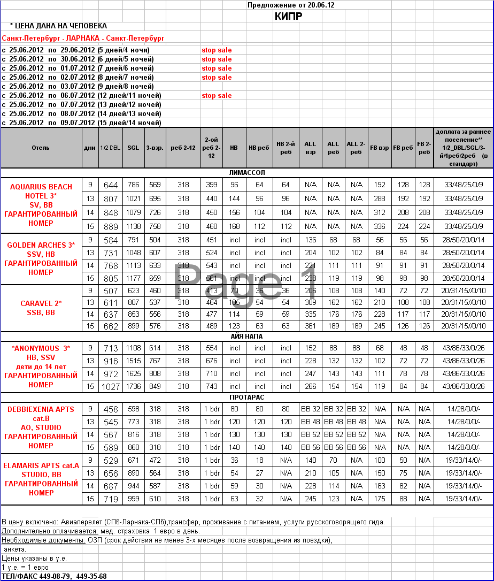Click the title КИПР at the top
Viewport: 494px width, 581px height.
pos(288,16)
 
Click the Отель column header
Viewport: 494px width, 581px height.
pos(41,147)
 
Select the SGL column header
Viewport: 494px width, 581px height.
pos(133,147)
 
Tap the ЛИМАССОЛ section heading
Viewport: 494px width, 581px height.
pos(246,173)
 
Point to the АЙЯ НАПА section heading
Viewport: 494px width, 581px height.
pos(246,336)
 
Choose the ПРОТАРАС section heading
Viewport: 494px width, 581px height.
pos(246,397)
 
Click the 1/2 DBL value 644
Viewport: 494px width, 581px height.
pos(111,185)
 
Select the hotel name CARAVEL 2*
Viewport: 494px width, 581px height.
pos(41,303)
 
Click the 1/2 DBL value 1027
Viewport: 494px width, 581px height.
pos(111,387)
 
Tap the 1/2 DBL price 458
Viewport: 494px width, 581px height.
pos(111,409)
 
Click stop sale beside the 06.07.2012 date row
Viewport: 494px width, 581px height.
pos(217,96)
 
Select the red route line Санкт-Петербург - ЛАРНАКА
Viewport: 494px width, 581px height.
pos(83,39)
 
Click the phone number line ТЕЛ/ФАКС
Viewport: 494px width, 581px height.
pos(54,576)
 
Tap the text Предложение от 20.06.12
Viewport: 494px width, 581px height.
pos(291,5)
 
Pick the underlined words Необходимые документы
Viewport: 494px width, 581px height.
pos(43,540)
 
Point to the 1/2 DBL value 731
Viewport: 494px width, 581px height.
pos(111,253)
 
